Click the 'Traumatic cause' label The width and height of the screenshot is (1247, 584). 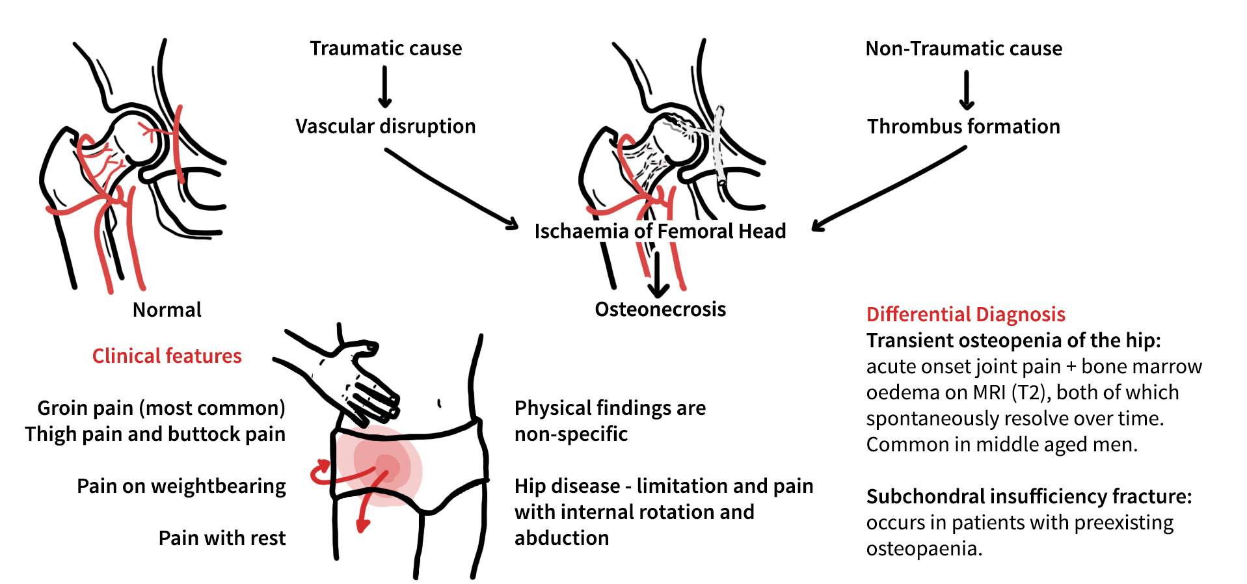pyautogui.click(x=386, y=48)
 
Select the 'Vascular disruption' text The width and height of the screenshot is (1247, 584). pyautogui.click(x=386, y=126)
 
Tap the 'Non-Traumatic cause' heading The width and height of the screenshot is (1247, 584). pyautogui.click(x=963, y=48)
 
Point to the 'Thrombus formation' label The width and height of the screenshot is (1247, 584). pyautogui.click(x=963, y=126)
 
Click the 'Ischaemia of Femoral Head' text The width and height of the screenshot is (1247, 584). pyautogui.click(x=660, y=231)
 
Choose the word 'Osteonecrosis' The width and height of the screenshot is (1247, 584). pyautogui.click(x=660, y=309)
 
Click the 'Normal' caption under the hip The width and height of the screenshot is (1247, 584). pyautogui.click(x=167, y=310)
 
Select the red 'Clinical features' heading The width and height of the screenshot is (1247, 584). pyautogui.click(x=167, y=356)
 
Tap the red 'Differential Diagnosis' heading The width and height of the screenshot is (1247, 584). pyautogui.click(x=966, y=315)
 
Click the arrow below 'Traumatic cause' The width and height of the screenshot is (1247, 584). pyautogui.click(x=385, y=87)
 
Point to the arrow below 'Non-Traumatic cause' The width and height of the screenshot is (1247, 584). pyautogui.click(x=967, y=90)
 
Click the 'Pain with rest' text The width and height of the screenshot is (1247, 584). pyautogui.click(x=222, y=538)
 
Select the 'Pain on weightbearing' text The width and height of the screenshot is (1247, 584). pyautogui.click(x=181, y=486)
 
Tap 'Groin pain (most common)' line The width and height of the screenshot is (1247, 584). pyautogui.click(x=161, y=408)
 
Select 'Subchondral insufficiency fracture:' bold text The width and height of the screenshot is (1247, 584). pyautogui.click(x=1029, y=497)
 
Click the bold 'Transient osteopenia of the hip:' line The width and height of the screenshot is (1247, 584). pyautogui.click(x=1013, y=341)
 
